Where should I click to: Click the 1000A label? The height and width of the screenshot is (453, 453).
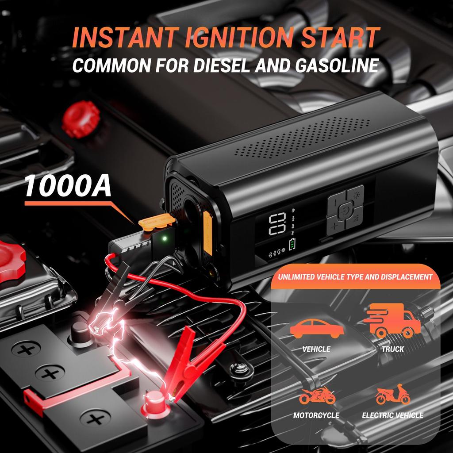coord(67,186)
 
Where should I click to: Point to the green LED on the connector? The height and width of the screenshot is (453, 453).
coord(164,239)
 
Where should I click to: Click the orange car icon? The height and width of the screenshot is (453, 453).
coord(317,328)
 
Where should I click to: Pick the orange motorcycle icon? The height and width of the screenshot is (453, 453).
coord(316,395)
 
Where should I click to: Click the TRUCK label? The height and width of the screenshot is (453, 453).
coord(393,349)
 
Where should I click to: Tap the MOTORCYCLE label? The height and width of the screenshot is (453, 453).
coord(316,415)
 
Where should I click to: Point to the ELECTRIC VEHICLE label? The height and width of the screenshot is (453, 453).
coord(392,415)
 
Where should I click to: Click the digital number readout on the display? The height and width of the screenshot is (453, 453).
coord(276,224)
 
